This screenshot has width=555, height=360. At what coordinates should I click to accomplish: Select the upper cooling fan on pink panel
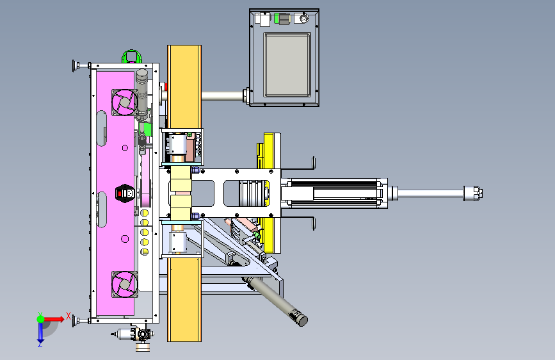point(125,102)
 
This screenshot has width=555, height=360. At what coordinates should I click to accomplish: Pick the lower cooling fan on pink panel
point(125,284)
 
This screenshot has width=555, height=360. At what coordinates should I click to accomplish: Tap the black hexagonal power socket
point(125,193)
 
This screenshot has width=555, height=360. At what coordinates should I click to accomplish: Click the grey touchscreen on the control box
point(287,65)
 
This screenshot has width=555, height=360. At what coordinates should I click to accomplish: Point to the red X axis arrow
point(54,319)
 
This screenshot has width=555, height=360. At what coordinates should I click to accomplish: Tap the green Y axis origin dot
point(41,319)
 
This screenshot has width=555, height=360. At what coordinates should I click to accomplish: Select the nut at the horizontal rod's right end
point(478,193)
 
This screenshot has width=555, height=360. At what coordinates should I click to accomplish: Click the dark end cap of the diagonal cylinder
point(302,320)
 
